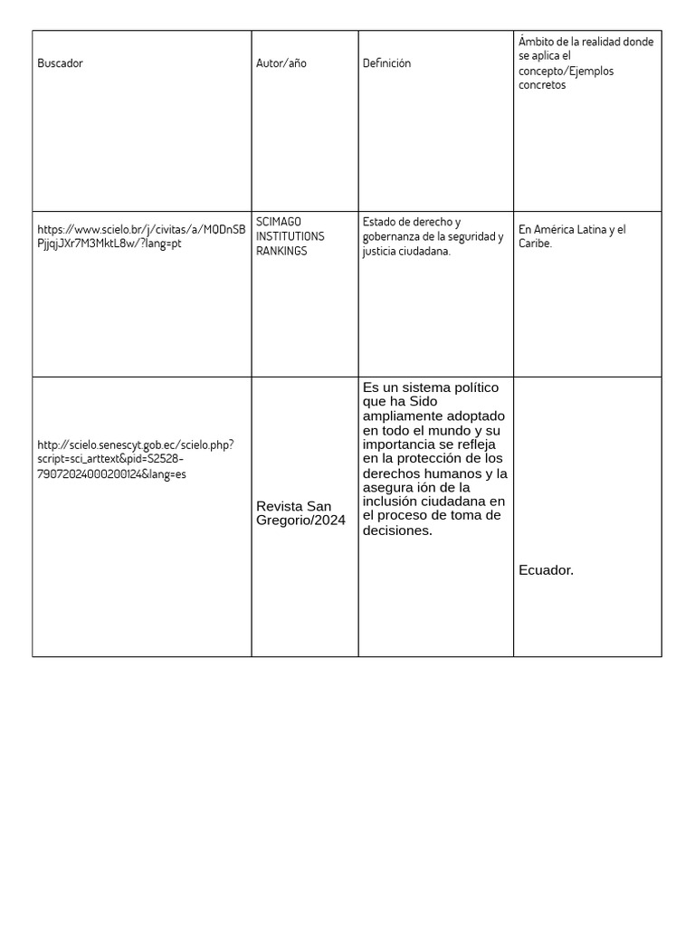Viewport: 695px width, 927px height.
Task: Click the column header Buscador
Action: click(x=60, y=63)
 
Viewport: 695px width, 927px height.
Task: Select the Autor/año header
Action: click(x=281, y=63)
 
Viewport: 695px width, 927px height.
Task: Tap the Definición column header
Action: click(x=386, y=63)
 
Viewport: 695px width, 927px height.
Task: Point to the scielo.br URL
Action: click(x=141, y=236)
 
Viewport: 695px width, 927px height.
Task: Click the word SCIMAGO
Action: click(x=279, y=222)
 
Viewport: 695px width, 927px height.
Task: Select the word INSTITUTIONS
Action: click(x=290, y=236)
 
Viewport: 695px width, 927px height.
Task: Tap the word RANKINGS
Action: click(x=281, y=251)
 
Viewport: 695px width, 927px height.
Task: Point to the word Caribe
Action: click(x=534, y=244)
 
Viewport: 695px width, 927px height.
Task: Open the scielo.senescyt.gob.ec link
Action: click(x=136, y=459)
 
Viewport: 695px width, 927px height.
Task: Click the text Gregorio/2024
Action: click(x=300, y=521)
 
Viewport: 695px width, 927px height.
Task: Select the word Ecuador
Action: click(x=546, y=570)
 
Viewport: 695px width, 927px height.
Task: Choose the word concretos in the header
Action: click(x=542, y=85)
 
